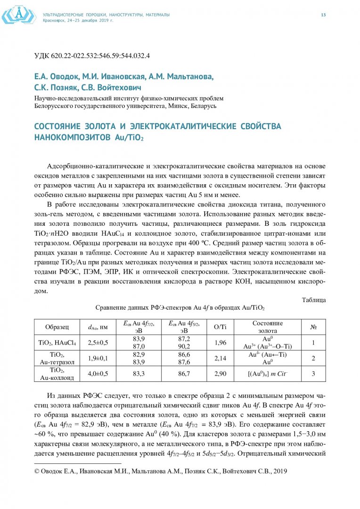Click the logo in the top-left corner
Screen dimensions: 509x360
19,15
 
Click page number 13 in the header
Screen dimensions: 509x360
323,15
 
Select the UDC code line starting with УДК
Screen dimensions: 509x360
92,56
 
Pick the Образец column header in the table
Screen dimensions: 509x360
57,327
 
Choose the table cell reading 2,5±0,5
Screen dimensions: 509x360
98,343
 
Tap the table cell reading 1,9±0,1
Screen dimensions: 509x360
98,358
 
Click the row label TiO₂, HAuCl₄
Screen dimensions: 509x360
57,343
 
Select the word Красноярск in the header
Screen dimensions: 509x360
55,20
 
